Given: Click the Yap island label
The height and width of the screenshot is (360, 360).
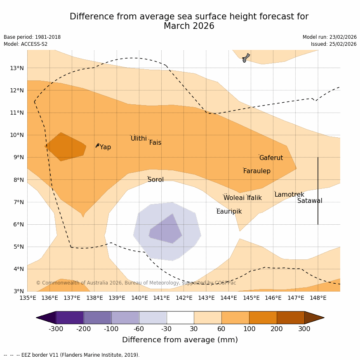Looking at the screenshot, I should pos(105,147).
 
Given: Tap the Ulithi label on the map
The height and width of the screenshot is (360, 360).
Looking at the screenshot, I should pos(139,139).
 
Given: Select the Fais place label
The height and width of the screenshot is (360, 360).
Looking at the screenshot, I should pos(155,143).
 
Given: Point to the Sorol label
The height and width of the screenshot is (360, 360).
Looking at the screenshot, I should pos(155,180).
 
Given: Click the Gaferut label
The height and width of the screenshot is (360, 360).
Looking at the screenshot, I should pos(271,158).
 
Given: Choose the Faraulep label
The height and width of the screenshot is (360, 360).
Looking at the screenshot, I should pos(256,171).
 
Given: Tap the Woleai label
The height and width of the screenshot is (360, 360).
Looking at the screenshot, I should pos(234,198).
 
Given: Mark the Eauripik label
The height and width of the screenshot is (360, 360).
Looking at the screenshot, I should pos(229,212).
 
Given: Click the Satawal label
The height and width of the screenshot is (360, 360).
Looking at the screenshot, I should pos(310,201).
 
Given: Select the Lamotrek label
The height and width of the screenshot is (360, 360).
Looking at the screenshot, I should pos(289,195).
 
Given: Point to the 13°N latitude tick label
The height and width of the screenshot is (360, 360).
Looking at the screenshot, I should pos(16,68).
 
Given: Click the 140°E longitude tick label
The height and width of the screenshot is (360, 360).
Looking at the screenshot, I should pos(139,298).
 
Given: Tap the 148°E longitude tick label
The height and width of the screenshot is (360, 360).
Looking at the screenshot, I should pos(318,298).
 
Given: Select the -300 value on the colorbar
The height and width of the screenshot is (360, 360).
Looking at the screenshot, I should pos(56,329).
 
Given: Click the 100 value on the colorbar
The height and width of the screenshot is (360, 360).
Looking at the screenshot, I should pos(249,329).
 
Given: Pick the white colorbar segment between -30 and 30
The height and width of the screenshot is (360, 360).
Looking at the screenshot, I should pos(180,318).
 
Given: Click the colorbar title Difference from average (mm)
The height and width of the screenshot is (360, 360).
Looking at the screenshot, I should pos(180,340).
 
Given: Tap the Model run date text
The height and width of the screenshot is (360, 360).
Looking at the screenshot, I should pos(329,37).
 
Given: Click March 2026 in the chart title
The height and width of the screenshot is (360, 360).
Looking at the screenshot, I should pos(189,26).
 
